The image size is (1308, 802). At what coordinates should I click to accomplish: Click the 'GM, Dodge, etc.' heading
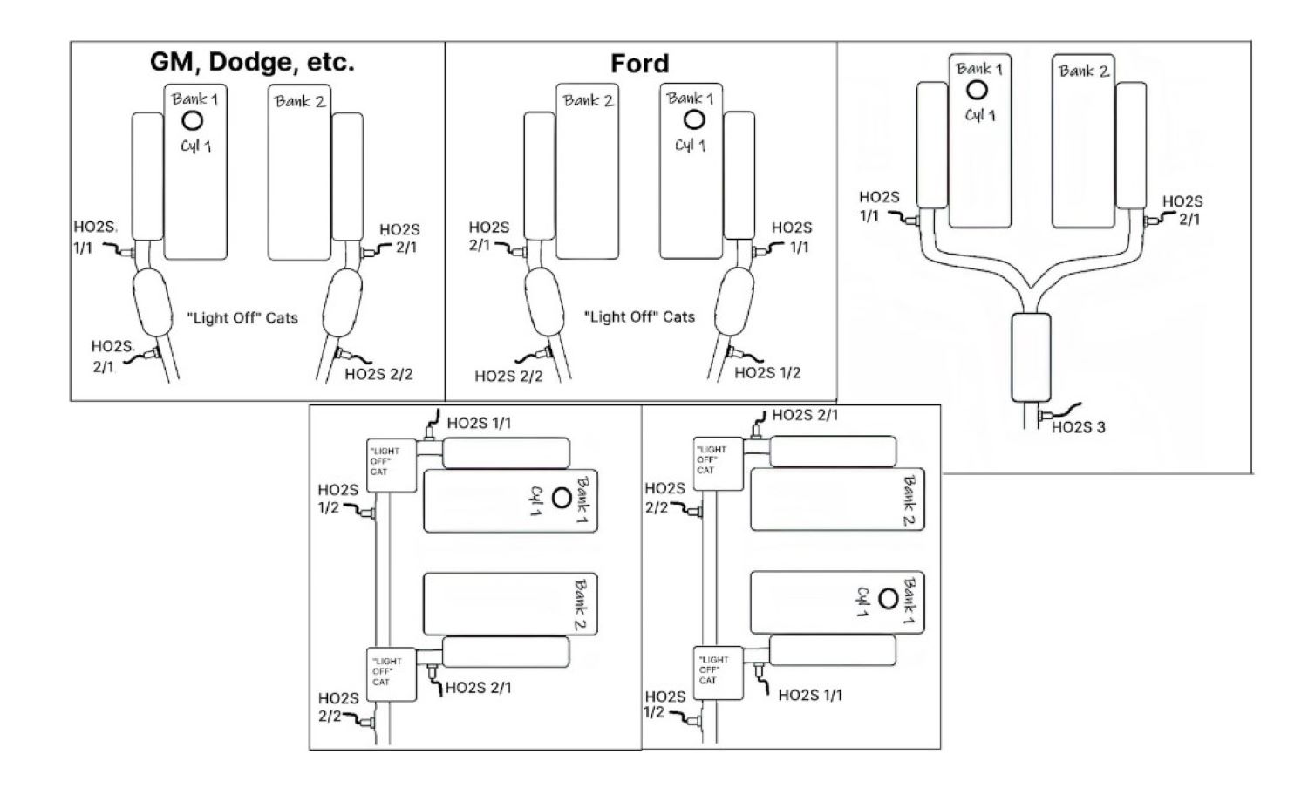coord(252,63)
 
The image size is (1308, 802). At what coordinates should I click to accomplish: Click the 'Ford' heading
coord(639,64)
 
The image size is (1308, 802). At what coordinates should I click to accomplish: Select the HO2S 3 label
coord(1078,427)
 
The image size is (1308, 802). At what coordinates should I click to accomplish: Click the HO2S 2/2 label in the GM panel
coord(378,374)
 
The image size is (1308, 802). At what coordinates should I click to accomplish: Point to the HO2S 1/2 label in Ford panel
coord(766,373)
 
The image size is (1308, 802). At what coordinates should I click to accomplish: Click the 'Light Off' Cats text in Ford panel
coord(639,316)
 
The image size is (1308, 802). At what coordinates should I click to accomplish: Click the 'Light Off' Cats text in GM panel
coord(242,317)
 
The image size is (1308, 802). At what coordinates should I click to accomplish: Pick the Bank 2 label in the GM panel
coord(300,101)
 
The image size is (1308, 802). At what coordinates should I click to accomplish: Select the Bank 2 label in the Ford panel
coord(588,100)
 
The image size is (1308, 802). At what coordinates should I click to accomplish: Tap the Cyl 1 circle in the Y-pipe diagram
coord(978,89)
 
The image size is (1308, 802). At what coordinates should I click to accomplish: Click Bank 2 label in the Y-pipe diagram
coord(1084,71)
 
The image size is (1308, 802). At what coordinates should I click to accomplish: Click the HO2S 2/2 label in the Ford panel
coord(508,376)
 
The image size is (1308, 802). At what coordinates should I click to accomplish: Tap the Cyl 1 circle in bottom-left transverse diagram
coord(562,499)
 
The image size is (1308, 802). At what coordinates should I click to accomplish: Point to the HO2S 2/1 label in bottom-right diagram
coord(804,415)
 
